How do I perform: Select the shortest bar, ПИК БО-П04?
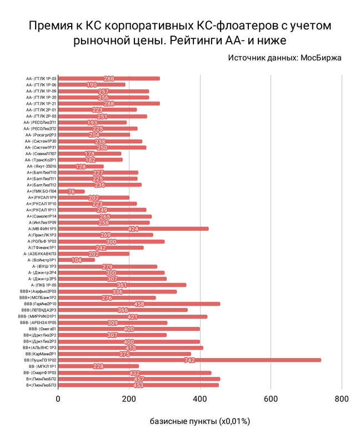71,191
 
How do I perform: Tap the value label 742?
189,360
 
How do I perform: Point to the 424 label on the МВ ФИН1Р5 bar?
133,229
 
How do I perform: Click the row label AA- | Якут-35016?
41,166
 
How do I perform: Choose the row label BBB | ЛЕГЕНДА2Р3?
39,310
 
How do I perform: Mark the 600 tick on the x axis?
271,398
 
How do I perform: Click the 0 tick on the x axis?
58,398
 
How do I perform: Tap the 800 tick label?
342,398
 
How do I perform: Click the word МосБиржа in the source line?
321,57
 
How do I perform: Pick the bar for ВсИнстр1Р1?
76,260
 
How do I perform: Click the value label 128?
81,167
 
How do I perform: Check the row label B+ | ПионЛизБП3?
41,385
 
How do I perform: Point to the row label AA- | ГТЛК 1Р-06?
41,85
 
